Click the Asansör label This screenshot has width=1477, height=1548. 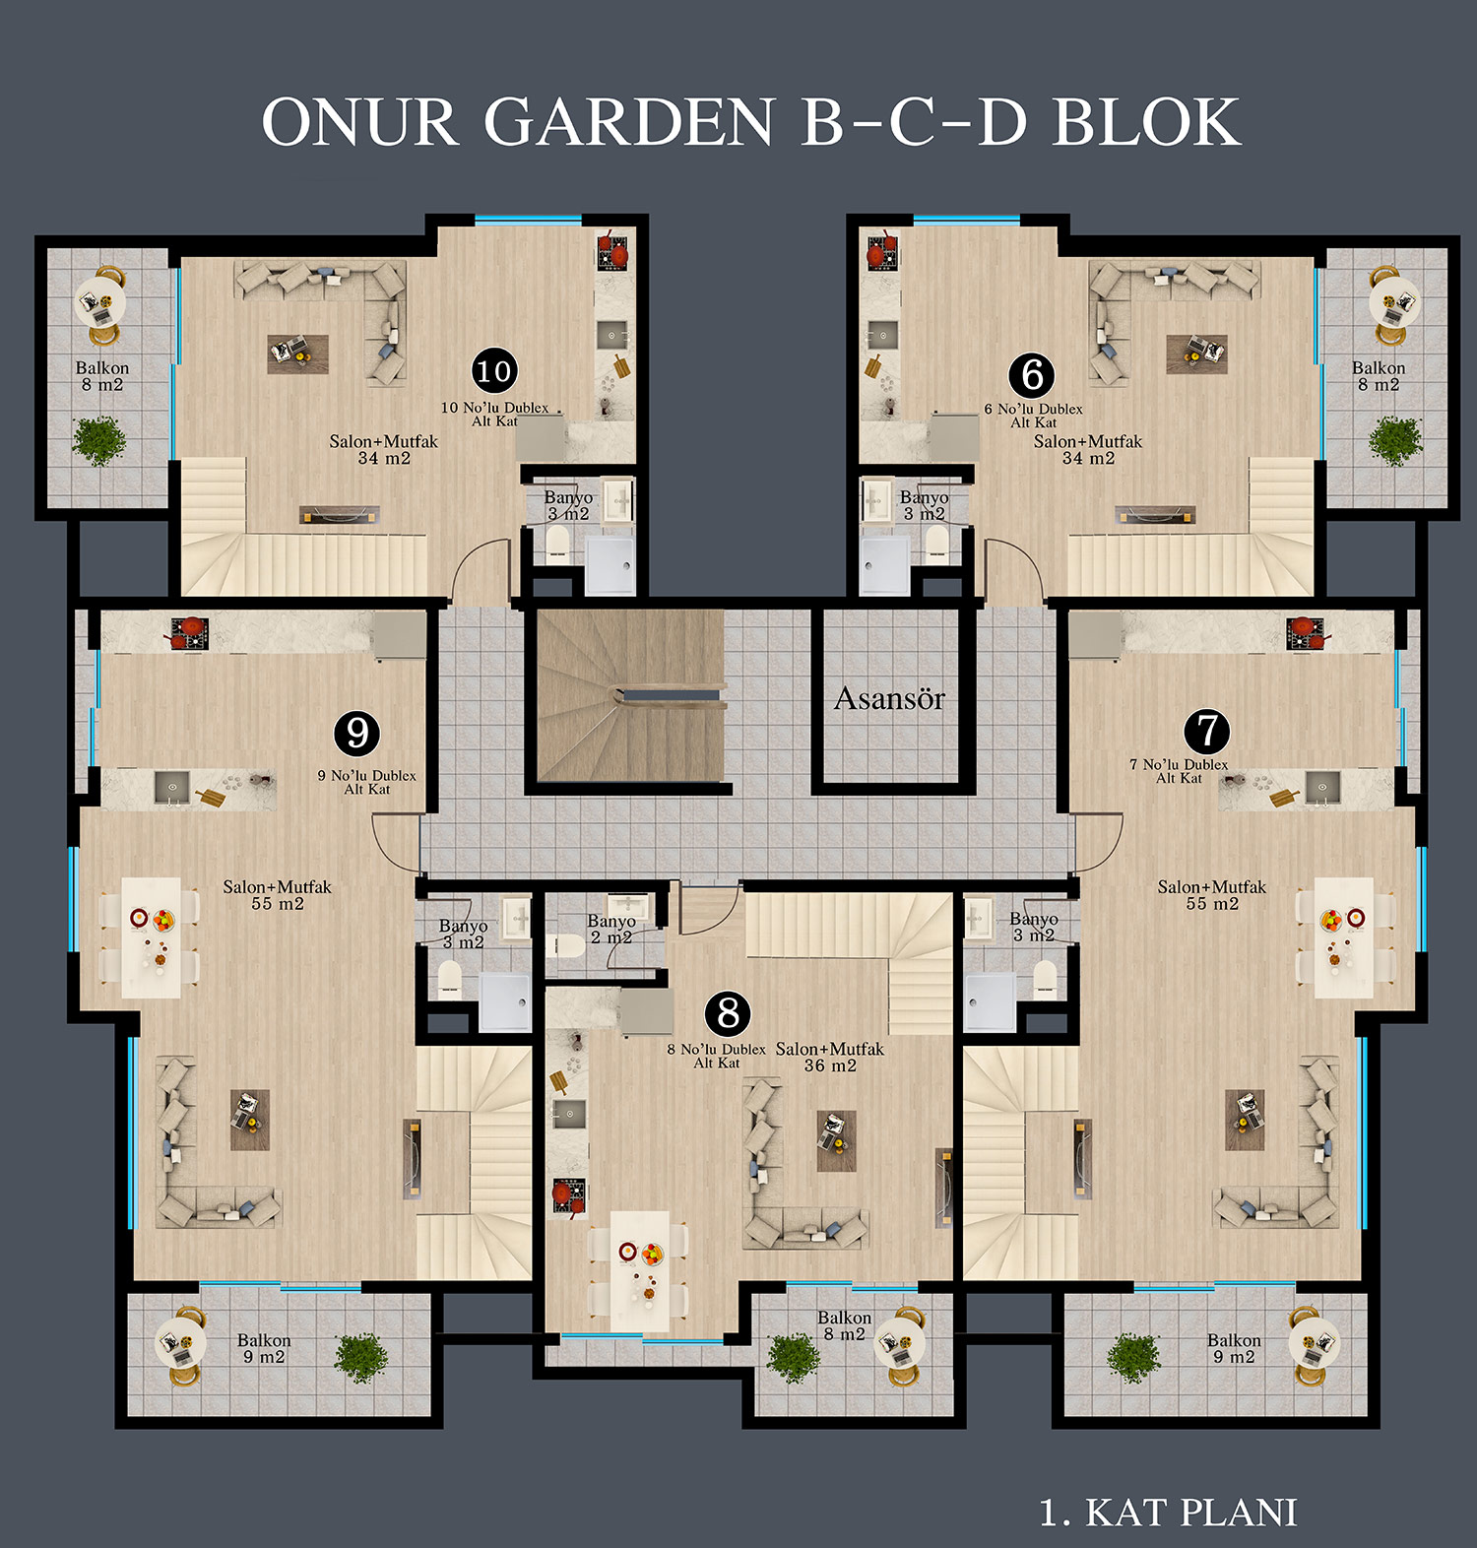point(889,698)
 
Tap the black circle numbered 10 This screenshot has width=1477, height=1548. point(494,371)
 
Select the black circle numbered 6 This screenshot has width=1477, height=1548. point(1032,374)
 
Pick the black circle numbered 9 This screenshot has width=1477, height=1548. point(357,733)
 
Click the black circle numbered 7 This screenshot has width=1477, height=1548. point(1207,732)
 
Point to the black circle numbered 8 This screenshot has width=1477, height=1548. point(728,1012)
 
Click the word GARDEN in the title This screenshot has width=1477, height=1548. point(629,122)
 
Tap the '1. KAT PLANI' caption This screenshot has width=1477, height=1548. point(1168,1513)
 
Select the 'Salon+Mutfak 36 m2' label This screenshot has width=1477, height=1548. point(830,1057)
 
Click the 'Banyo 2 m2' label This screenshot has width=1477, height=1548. point(610,929)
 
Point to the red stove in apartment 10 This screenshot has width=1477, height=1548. point(612,252)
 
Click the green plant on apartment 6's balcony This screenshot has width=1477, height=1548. point(1395,440)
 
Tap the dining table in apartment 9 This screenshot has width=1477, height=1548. point(152,937)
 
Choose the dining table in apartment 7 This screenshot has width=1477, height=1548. point(1343,937)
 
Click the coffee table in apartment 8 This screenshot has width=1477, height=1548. point(836,1140)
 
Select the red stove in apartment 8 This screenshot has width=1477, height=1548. point(568,1195)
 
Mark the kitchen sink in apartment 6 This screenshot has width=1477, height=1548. point(882,335)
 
